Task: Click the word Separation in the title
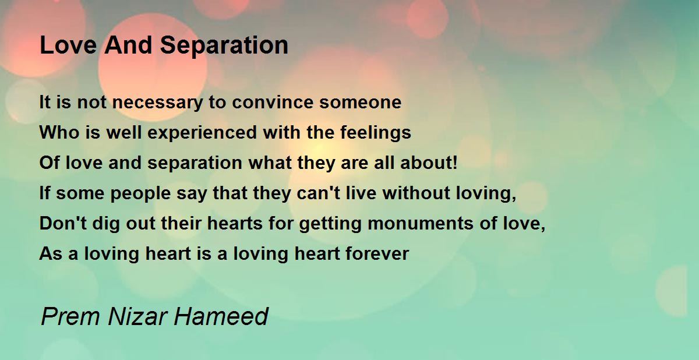click(224, 46)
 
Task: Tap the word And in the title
click(128, 45)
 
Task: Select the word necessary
click(157, 103)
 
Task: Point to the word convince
click(273, 102)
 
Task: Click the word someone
click(360, 103)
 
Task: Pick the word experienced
click(202, 133)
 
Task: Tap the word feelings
click(375, 132)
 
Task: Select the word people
click(141, 194)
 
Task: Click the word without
click(416, 193)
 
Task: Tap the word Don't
click(63, 223)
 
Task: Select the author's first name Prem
click(71, 317)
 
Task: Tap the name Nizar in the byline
click(137, 317)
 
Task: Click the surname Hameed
click(221, 317)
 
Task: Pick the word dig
click(106, 225)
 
